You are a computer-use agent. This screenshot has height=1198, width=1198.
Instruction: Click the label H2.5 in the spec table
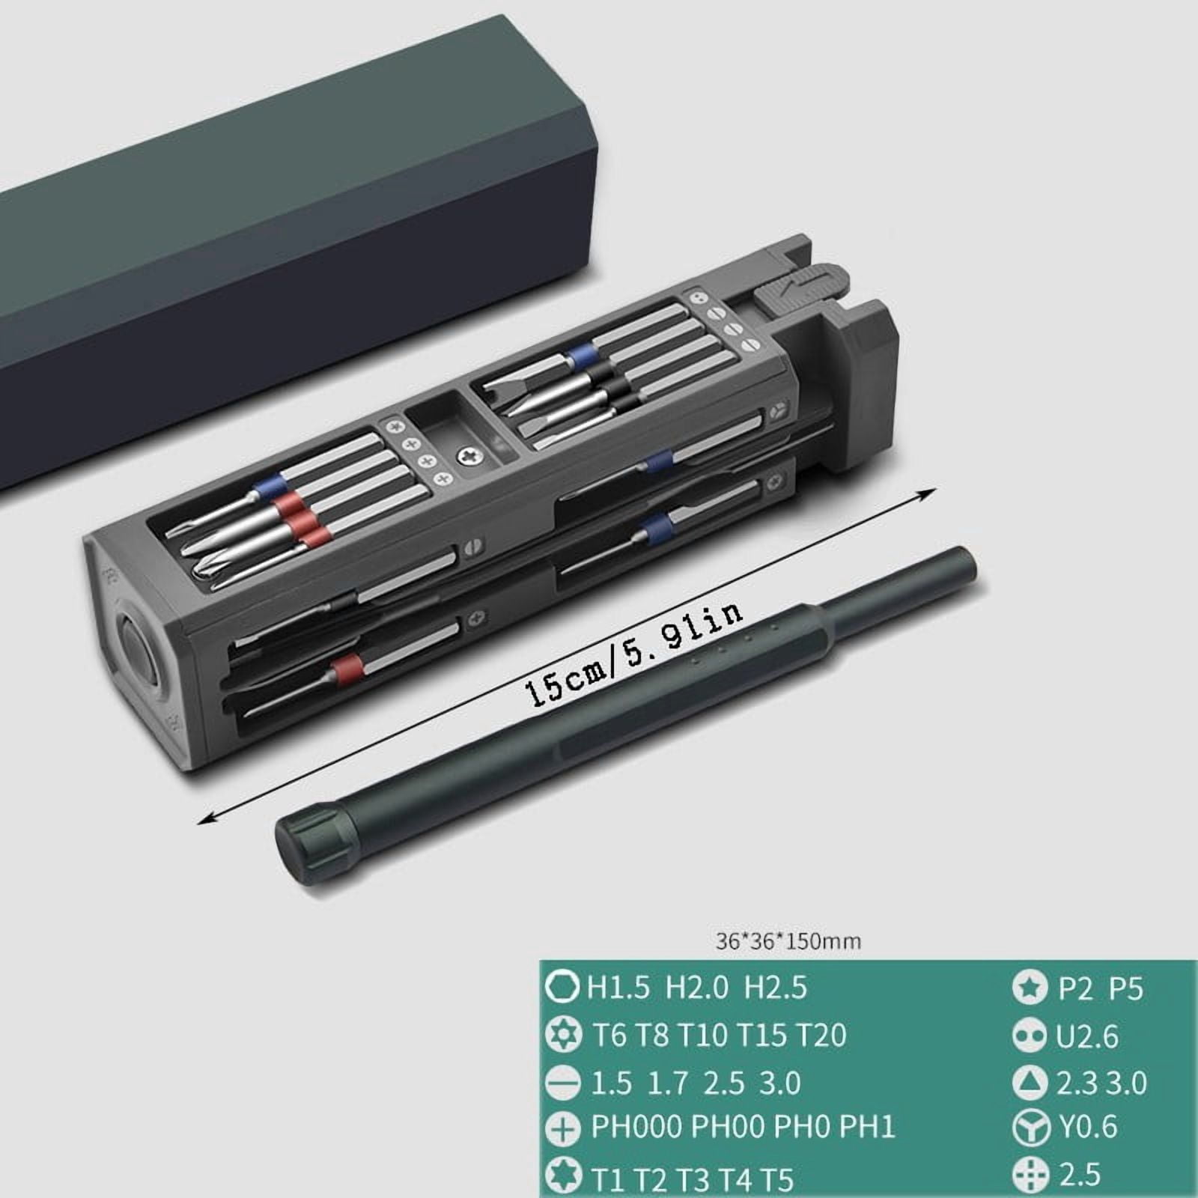(x=775, y=988)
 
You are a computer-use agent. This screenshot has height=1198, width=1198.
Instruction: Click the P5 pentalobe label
(x=1125, y=989)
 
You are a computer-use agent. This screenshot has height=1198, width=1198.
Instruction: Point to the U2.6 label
(x=1086, y=1037)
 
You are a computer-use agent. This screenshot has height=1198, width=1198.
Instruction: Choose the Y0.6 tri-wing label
(x=1086, y=1127)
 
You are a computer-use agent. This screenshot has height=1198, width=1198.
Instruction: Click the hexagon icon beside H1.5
(x=562, y=988)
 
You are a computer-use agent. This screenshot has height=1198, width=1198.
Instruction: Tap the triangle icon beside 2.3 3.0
(x=1030, y=1083)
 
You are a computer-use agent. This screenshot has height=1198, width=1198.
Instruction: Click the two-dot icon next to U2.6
(x=1030, y=1037)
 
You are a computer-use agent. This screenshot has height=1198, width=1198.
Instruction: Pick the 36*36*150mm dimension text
(x=788, y=940)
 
